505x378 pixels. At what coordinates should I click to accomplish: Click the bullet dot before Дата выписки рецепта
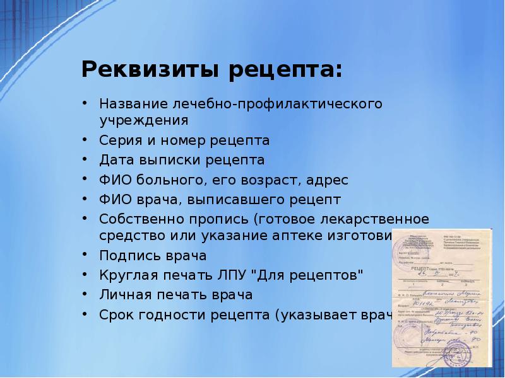point(86,160)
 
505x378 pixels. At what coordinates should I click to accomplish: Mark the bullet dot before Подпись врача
point(86,257)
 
